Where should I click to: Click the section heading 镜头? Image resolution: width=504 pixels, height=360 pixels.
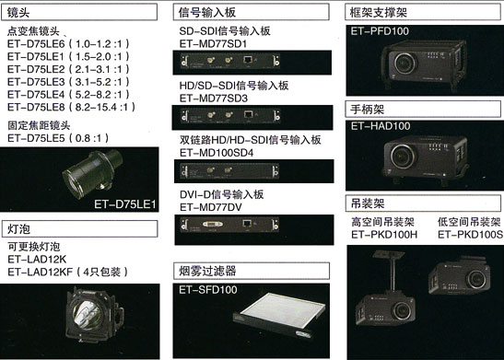point(18,13)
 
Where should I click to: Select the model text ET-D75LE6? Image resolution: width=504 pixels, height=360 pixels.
point(36,43)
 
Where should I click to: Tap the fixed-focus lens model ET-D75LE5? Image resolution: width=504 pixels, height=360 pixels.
point(36,138)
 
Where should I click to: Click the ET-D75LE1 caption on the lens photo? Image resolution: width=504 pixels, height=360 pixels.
point(124,204)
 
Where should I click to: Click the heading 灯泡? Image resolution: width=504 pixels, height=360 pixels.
point(18,229)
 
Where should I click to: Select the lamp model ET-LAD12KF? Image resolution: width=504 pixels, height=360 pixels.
point(41,272)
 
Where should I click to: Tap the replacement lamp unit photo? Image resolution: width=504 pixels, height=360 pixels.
point(95,317)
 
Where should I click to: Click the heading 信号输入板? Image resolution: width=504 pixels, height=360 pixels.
point(207,13)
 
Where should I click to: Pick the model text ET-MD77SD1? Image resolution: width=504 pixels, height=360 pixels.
point(213,43)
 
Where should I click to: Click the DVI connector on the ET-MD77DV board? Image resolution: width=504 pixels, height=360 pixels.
point(213,224)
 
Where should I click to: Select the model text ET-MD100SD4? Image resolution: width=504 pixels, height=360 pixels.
point(217,153)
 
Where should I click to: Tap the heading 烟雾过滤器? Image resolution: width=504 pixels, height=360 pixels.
point(207,271)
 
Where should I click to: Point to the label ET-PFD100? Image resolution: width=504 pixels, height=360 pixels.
point(380,31)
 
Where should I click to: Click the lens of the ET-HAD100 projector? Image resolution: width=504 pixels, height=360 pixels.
point(404,157)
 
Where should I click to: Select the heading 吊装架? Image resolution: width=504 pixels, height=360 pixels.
point(368,203)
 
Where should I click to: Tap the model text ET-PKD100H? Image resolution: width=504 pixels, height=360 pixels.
point(384,235)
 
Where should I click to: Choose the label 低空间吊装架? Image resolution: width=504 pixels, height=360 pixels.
point(469,222)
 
